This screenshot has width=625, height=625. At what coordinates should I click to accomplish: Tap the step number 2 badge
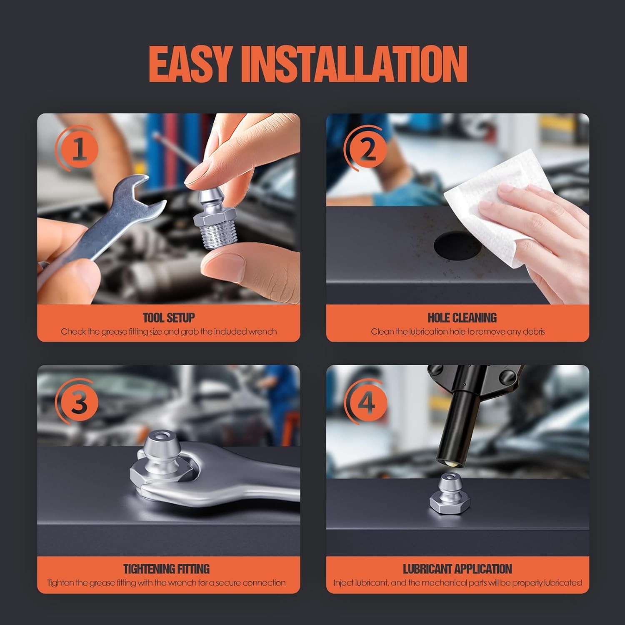367,150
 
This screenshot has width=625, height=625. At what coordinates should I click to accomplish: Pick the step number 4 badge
367,402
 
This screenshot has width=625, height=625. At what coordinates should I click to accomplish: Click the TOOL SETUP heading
169,318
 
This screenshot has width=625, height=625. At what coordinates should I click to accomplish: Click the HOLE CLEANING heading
462,318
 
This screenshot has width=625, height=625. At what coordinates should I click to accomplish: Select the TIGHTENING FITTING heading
166,569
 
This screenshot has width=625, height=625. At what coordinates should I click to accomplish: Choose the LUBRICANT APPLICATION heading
457,569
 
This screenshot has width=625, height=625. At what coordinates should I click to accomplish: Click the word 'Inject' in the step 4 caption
343,582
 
